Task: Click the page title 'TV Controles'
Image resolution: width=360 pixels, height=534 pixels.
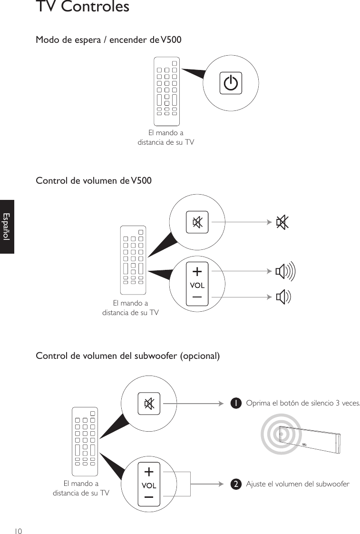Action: pos(82,7)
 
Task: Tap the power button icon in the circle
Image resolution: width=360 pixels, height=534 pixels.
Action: pos(231,84)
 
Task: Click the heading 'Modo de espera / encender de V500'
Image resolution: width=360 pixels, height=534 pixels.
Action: pos(108,40)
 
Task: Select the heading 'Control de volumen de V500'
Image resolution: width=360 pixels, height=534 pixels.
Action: pos(94,181)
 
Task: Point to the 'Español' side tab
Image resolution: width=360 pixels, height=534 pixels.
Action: pos(7,227)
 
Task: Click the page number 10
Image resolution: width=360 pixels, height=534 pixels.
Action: pos(18,530)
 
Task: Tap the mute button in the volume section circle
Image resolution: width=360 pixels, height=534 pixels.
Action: pos(197,222)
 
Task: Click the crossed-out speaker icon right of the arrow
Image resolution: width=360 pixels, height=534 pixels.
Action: pos(282,222)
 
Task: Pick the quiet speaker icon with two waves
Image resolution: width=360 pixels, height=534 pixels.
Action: pos(283,297)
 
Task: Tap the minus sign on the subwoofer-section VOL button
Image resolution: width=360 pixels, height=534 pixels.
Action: pos(149,497)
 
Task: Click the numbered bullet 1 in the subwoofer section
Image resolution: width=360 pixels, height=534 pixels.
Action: pos(234,404)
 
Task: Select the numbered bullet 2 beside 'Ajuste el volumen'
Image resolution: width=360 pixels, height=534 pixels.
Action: pos(234,485)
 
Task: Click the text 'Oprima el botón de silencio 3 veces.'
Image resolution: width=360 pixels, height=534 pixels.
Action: pos(303,404)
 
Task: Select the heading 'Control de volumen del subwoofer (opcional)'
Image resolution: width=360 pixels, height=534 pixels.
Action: pos(128,356)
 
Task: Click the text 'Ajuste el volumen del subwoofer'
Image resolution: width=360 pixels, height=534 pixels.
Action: pos(297,485)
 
